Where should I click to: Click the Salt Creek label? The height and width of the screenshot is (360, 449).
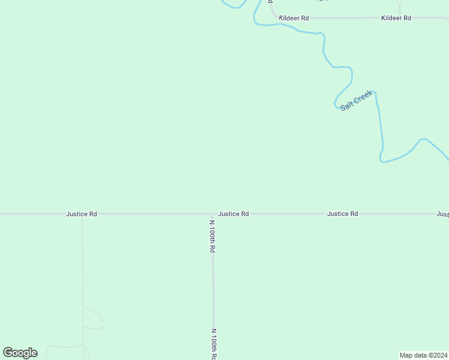click(x=357, y=100)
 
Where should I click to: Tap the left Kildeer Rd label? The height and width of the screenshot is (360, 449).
click(x=294, y=18)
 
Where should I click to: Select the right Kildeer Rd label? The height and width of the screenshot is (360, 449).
click(x=396, y=18)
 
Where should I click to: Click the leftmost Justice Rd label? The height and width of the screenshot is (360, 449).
click(x=82, y=214)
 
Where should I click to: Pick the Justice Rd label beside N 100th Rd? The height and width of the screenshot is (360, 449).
click(x=234, y=214)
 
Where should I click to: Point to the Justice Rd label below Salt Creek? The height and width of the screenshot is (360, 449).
click(x=342, y=214)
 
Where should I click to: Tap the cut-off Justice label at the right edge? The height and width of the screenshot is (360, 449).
click(x=442, y=214)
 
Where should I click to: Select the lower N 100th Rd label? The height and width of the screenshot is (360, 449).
click(x=214, y=343)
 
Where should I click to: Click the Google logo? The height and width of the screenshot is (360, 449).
click(x=20, y=353)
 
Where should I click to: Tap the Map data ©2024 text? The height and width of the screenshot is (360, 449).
click(x=423, y=354)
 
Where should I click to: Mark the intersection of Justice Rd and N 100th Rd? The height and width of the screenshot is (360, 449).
click(x=212, y=214)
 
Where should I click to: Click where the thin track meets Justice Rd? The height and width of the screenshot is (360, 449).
click(x=82, y=214)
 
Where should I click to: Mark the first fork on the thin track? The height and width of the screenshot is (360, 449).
click(x=83, y=306)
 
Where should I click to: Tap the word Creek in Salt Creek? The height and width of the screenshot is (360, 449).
click(x=363, y=97)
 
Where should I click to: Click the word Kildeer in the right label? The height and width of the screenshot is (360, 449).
click(x=391, y=18)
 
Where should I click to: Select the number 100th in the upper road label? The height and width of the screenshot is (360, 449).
click(x=212, y=236)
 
